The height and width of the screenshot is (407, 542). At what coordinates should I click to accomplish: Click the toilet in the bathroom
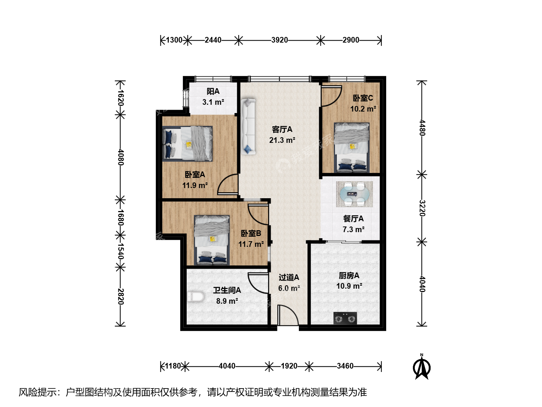195,297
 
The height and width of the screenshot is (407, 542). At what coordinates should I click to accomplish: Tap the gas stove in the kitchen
345,318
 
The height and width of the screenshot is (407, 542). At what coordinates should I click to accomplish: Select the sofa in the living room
248,127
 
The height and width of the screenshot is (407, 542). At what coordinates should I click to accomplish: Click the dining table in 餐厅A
354,194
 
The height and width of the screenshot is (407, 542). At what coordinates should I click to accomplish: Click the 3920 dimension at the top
280,40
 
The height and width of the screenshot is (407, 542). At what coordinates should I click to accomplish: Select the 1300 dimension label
174,40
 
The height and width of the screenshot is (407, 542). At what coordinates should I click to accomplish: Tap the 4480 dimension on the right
422,128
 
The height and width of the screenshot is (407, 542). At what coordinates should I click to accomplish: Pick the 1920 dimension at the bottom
289,366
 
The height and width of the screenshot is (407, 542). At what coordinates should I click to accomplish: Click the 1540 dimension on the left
120,251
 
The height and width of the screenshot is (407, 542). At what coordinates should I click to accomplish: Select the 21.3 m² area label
282,140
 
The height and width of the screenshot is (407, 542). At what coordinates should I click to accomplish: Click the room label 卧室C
363,98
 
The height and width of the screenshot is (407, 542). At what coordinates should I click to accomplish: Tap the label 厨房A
349,275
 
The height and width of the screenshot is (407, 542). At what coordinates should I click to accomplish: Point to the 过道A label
289,277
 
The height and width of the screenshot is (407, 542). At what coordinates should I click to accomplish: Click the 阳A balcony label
213,92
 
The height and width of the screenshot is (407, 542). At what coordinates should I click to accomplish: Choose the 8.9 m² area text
227,301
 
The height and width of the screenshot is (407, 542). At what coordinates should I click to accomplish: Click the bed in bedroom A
187,144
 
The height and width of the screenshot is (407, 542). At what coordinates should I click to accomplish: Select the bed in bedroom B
212,240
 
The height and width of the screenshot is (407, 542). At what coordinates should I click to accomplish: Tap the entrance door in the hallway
288,315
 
